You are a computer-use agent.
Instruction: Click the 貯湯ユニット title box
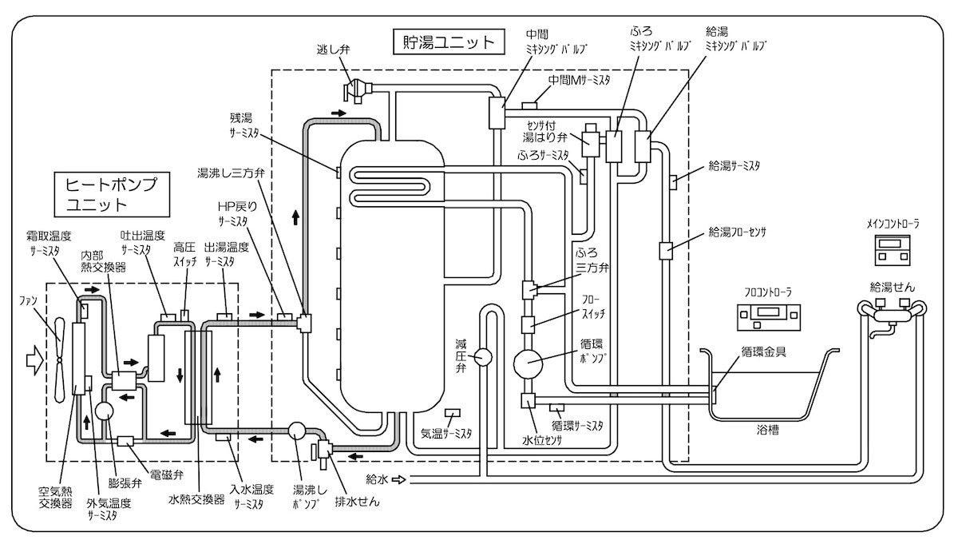pos(449,42)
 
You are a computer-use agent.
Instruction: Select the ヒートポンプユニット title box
pos(112,195)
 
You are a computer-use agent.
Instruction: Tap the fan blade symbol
pos(60,359)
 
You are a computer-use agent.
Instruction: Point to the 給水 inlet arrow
pos(398,479)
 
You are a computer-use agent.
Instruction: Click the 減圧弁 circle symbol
pos(483,357)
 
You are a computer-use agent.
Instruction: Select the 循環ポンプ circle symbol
pos(528,363)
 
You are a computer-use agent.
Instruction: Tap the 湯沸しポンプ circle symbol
pos(297,431)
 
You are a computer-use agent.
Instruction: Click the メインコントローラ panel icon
pos(893,250)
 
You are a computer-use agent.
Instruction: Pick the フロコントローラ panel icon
pos(769,317)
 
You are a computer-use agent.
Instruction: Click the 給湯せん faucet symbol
pos(892,316)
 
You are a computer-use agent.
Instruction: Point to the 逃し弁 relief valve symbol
pos(358,90)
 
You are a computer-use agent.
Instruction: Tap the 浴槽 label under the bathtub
pos(768,431)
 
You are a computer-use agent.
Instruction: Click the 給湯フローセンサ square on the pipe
pos(666,251)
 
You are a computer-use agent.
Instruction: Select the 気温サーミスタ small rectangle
pos(453,413)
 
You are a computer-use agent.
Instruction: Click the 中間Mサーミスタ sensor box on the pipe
pos(530,105)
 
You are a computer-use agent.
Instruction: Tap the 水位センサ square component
pos(528,400)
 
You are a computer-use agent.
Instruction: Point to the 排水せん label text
pos(357,502)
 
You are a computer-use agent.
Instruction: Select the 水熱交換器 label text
pos(196,499)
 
